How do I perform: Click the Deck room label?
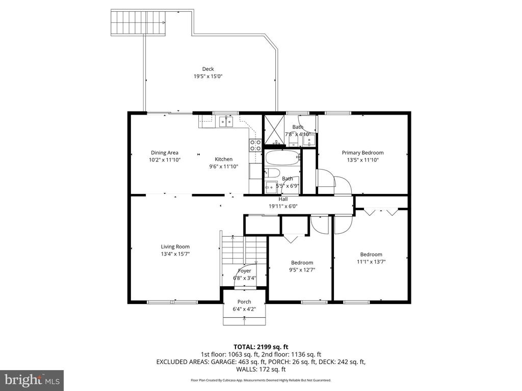[x=207, y=69]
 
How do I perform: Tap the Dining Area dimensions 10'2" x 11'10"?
[x=165, y=160]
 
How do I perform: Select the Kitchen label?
[x=223, y=159]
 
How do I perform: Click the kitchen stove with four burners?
[x=255, y=145]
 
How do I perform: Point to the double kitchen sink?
[x=225, y=121]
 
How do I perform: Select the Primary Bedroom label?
[x=362, y=152]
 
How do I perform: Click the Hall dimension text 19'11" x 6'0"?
[x=283, y=206]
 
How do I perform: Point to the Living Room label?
[x=175, y=246]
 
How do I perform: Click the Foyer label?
[x=244, y=271]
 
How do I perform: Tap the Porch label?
[x=244, y=301]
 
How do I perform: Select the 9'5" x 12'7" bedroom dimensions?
[x=302, y=270]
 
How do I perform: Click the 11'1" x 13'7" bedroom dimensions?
[x=371, y=262]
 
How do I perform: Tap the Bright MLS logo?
[x=32, y=380]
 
